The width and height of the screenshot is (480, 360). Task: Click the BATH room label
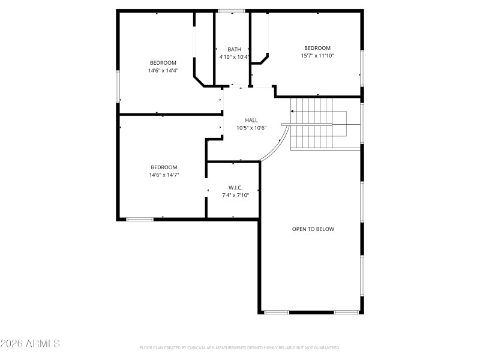[x=234, y=49]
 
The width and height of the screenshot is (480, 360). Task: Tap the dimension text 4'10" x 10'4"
[x=234, y=57]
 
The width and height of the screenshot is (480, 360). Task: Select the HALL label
[x=251, y=120]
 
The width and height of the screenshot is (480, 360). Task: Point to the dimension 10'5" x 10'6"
[x=251, y=128]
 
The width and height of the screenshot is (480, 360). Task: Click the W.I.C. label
[x=235, y=187]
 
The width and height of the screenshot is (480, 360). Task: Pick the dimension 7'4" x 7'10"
[x=235, y=195]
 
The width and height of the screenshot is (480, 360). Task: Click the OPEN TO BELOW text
[x=313, y=229]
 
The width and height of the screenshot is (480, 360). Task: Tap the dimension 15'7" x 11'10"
[x=317, y=56]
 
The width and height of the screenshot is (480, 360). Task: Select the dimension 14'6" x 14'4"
[x=163, y=70]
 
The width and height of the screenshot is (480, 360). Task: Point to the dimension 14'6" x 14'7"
[x=164, y=175]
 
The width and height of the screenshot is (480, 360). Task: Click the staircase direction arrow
[x=293, y=111]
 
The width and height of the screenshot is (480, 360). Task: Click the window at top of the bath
[x=231, y=11]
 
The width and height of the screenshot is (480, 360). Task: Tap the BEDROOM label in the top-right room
[x=317, y=48]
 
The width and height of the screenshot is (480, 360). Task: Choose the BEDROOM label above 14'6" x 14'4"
[x=163, y=62]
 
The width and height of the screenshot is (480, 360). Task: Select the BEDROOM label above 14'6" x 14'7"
[x=164, y=167]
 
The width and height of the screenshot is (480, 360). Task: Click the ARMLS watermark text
[x=30, y=344]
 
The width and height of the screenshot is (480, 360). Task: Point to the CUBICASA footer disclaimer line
[x=239, y=348]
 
